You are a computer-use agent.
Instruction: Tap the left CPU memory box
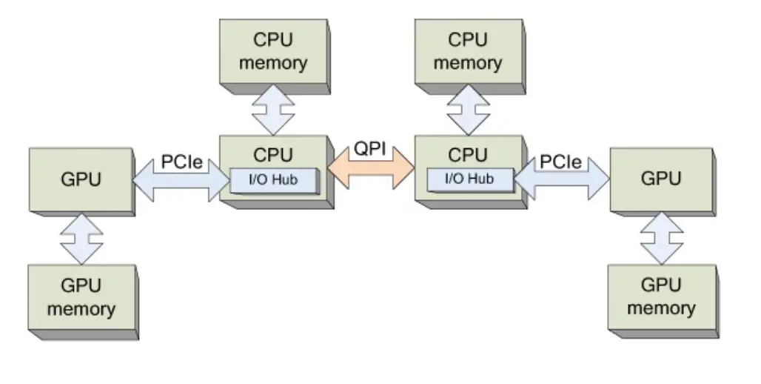click(272, 52)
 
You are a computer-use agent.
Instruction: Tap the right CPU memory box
click(467, 52)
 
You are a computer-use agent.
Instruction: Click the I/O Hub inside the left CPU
click(273, 179)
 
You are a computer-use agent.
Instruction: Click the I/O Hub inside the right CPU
click(469, 179)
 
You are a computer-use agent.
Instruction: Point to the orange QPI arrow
click(372, 168)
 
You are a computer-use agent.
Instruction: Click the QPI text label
click(369, 148)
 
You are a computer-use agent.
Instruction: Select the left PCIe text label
click(181, 162)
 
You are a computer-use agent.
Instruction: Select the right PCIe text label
click(560, 162)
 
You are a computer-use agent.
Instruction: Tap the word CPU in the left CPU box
click(273, 155)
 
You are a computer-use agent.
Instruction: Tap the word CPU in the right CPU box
click(468, 155)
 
